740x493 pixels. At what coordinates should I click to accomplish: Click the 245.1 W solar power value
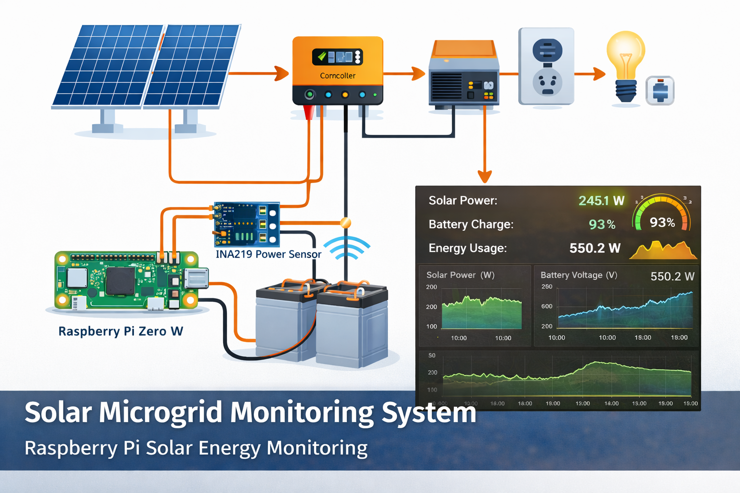click(x=601, y=201)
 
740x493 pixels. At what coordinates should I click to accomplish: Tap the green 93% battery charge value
click(x=602, y=224)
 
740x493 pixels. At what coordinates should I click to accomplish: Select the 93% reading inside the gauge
click(x=662, y=222)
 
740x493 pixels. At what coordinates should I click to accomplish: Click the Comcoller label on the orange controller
click(x=337, y=76)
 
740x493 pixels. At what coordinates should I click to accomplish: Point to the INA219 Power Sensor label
click(x=268, y=254)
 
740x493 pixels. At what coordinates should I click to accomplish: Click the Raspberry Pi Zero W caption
click(x=120, y=331)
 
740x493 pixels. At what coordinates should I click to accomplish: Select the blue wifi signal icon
click(x=346, y=248)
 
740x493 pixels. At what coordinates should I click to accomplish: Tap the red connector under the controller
click(x=309, y=112)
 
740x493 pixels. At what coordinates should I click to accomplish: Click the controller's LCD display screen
click(x=337, y=57)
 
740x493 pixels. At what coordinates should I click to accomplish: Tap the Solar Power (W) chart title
click(x=460, y=275)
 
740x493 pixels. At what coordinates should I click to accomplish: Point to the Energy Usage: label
click(x=467, y=248)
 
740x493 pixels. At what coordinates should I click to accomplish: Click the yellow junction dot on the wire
click(x=345, y=222)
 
